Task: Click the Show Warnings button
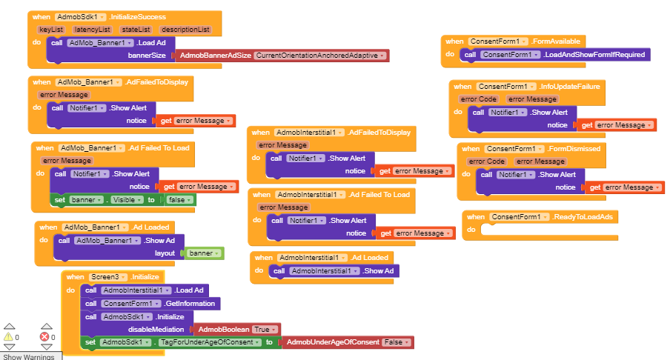coord(29,356)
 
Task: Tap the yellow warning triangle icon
coord(9,337)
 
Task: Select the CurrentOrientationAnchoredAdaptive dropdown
coord(320,56)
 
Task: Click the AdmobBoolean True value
coord(265,329)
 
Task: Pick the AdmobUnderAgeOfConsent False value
coord(396,342)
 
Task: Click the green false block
coord(179,200)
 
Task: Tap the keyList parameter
coord(51,30)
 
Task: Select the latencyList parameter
coord(92,30)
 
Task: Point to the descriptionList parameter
coord(185,30)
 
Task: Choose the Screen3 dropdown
coord(107,277)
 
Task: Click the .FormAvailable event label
coord(556,41)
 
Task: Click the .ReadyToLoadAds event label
coord(585,217)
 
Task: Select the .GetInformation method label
coord(190,303)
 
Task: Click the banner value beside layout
coord(202,253)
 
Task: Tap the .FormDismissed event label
coord(577,148)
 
